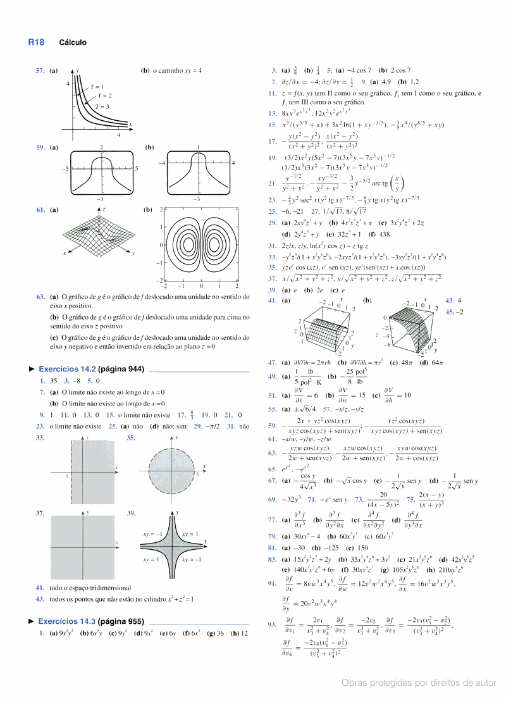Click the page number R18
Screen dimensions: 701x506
tap(35, 42)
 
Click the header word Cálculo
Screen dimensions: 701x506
tap(73, 43)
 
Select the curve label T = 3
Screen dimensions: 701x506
tap(102, 106)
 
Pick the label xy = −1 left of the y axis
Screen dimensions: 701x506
tap(154, 535)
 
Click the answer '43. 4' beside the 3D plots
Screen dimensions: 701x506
tap(454, 300)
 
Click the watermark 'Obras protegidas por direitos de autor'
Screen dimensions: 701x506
tap(419, 683)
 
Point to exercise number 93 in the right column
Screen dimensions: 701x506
tap(272, 624)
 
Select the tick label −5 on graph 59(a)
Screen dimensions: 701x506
tap(65, 170)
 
